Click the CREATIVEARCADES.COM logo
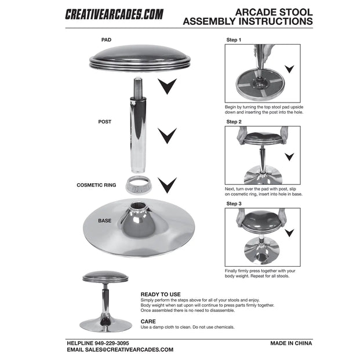pyautogui.click(x=114, y=14)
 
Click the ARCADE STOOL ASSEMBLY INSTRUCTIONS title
pyautogui.click(x=248, y=17)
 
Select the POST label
pyautogui.click(x=104, y=122)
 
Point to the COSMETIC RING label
pyautogui.click(x=96, y=185)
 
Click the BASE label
pyautogui.click(x=104, y=220)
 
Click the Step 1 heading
pyautogui.click(x=234, y=40)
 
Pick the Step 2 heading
pyautogui.click(x=234, y=122)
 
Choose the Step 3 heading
pyautogui.click(x=234, y=203)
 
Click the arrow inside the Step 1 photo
pyautogui.click(x=289, y=69)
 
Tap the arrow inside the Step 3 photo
pyautogui.click(x=289, y=233)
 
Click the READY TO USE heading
pyautogui.click(x=161, y=294)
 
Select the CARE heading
pyautogui.click(x=148, y=321)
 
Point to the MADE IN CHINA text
pyautogui.click(x=291, y=343)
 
